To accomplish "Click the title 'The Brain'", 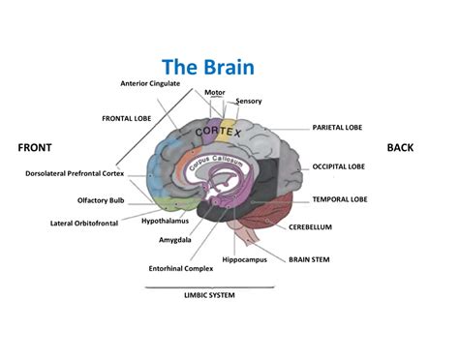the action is (208, 67).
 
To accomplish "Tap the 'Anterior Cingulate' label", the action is (150, 83).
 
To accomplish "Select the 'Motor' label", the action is (215, 93).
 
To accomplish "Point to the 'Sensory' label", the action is (249, 102).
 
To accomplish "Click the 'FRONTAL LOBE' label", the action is (127, 119).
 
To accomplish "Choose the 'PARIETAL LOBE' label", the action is (337, 128).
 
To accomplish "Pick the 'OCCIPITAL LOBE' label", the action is (339, 166).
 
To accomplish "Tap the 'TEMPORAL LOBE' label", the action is (340, 199).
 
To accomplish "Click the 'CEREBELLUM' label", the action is (310, 227).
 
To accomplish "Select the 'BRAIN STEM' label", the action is (309, 259).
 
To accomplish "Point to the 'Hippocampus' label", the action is (245, 259).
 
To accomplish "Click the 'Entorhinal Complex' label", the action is (181, 268).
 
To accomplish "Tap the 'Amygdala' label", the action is (175, 240).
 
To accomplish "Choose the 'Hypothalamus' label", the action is (165, 221).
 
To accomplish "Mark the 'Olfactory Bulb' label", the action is (101, 200).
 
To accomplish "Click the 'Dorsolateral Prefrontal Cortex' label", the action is (75, 173).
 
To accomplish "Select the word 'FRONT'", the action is (35, 148).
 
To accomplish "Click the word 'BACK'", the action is (400, 148).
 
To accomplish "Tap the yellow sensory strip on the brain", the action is (226, 131).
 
